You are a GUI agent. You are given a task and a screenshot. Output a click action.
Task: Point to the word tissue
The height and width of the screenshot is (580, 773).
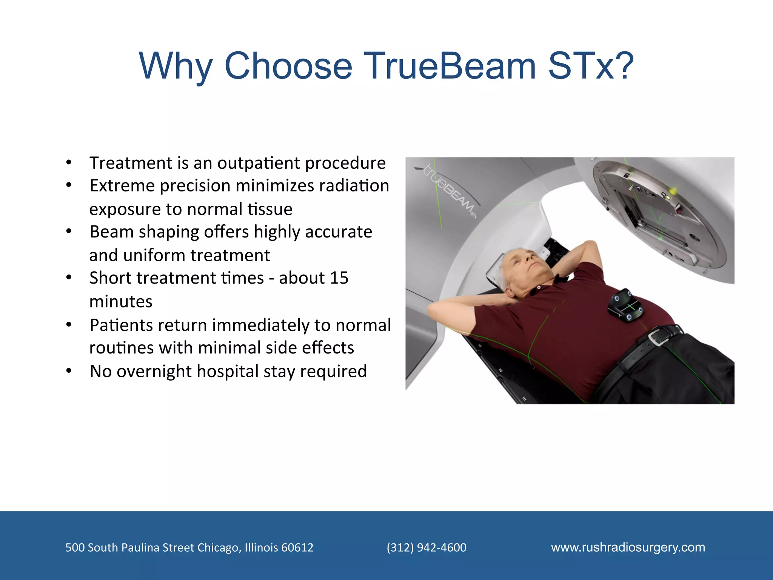click(x=270, y=209)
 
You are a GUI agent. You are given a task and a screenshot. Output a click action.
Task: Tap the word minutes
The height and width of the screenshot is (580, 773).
click(x=121, y=302)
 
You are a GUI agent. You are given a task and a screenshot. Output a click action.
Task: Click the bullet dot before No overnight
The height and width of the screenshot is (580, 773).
click(x=69, y=371)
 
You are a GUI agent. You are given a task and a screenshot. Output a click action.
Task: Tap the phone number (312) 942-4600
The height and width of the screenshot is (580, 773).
click(x=427, y=548)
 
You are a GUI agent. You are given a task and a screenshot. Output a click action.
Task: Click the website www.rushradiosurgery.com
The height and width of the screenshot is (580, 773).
click(x=628, y=547)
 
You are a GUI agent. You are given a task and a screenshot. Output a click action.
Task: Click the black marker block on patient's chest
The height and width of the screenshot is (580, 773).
click(x=625, y=305)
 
